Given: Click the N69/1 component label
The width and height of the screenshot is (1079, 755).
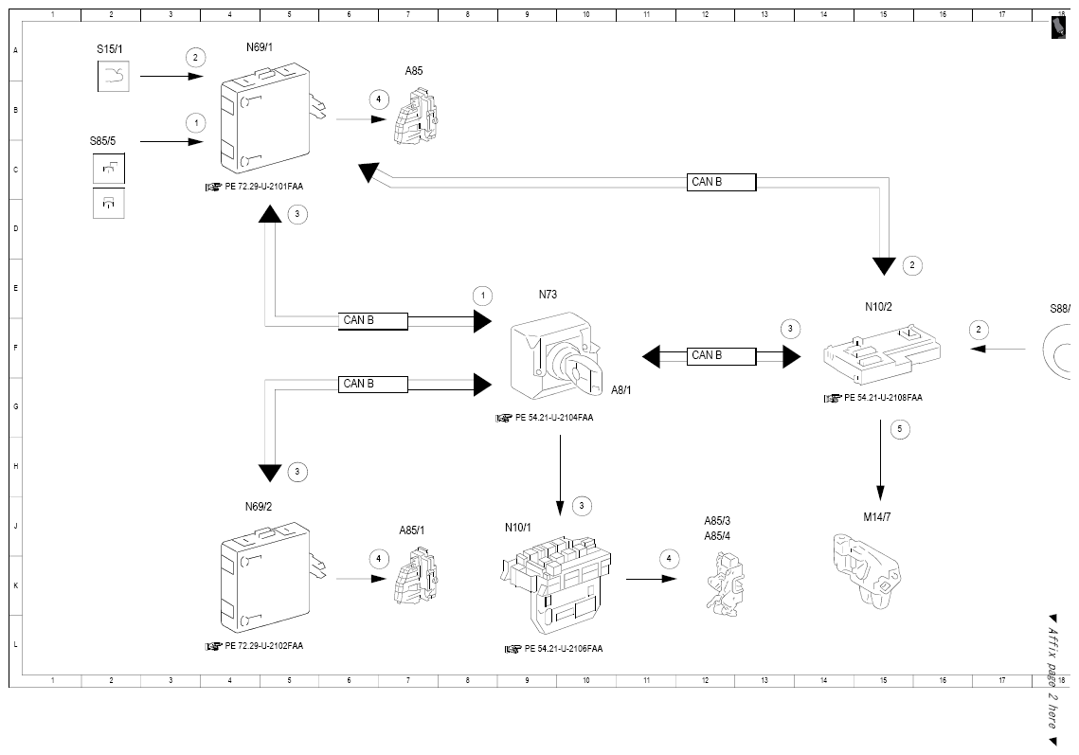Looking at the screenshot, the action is [260, 47].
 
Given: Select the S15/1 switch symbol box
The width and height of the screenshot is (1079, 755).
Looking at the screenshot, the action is [113, 77].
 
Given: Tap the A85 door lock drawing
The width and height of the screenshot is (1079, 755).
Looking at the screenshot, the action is [416, 117].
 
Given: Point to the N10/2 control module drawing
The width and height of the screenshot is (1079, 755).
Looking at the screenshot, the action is [882, 353].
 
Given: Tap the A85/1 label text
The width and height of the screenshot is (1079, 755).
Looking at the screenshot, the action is [411, 530].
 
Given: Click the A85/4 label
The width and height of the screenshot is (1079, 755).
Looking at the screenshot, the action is [717, 536].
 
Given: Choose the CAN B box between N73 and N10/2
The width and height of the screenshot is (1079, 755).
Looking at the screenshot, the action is [721, 356].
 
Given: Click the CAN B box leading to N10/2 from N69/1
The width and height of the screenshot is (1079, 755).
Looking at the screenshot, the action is [721, 183].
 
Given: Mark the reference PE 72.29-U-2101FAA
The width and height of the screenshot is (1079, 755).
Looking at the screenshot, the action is [263, 187].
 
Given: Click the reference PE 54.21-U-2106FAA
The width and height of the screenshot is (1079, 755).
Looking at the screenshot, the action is [563, 648].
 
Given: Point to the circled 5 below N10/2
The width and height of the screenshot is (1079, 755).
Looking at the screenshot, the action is [899, 429].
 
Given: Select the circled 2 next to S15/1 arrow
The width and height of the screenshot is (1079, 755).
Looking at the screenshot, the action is [195, 58].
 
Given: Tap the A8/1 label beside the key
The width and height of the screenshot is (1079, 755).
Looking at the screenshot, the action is [620, 390].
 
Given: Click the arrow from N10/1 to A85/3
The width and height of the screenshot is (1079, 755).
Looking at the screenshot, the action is [651, 579].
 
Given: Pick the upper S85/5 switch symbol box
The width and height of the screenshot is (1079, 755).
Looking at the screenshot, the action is [109, 169].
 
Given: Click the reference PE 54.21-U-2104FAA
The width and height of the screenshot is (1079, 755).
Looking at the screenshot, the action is [554, 418].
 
